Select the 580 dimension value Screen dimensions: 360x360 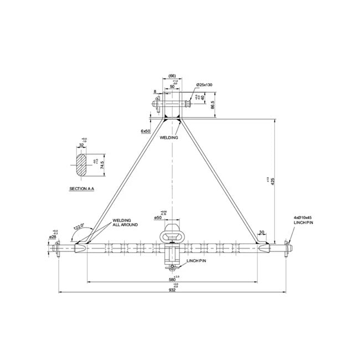tap(173, 280)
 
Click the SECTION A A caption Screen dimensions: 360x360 tap(81, 189)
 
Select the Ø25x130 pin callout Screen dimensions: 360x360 tap(204, 85)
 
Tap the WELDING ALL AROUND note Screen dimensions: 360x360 tap(125, 222)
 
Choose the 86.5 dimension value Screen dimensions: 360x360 tap(213, 105)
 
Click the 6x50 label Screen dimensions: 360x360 tap(146, 131)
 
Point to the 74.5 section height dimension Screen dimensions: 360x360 tap(102, 164)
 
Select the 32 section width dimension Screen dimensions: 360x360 tap(82, 146)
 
